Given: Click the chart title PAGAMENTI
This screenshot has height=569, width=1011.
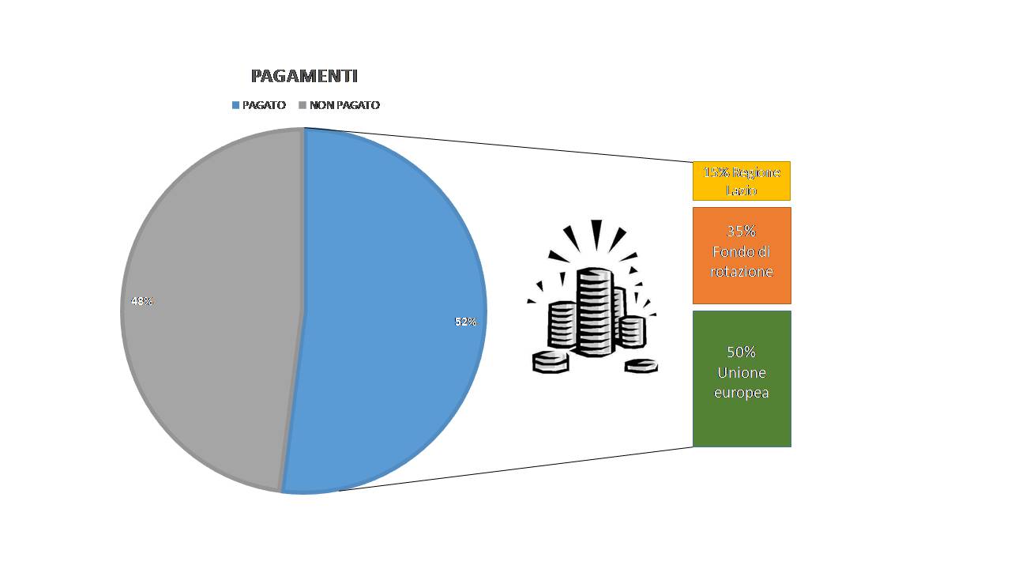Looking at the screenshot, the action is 304,76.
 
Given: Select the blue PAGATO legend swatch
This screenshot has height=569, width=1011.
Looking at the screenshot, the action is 235,105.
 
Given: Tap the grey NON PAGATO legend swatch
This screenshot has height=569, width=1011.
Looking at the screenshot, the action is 303,105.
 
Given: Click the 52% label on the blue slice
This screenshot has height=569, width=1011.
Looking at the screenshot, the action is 466,322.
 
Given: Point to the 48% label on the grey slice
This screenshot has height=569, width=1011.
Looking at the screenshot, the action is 142,301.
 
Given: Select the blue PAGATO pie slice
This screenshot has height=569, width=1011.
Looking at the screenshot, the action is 388,311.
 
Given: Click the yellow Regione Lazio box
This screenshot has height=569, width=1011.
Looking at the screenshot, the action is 742,181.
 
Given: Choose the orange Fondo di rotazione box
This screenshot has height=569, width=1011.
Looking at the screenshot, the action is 742,255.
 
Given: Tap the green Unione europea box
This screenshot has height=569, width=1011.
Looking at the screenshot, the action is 742,379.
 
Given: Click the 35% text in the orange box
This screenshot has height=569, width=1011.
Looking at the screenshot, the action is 741,232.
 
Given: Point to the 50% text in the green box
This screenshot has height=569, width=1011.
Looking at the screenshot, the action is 741,352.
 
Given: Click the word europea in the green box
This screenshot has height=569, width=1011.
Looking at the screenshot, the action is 741,393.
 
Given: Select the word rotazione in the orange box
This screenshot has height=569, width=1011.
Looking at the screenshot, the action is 742,271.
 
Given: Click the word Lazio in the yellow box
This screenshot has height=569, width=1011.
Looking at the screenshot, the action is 741,190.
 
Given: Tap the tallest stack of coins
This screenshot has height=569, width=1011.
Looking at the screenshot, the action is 596,311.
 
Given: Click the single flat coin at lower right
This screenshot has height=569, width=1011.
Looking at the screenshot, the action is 641,366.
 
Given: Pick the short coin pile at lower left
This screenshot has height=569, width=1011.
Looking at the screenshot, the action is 551,362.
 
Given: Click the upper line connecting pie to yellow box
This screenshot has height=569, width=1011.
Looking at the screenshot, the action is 498,145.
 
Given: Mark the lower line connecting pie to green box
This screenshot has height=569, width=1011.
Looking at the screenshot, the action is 516,469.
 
